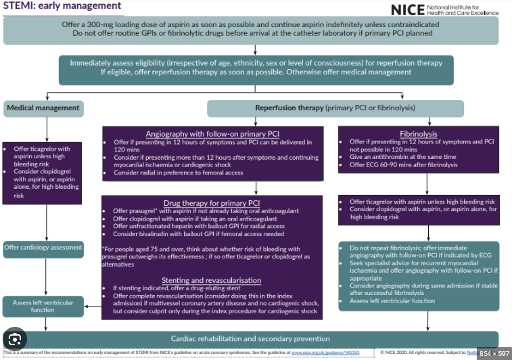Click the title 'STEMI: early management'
62,7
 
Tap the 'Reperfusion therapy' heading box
335,108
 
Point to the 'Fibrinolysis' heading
418,134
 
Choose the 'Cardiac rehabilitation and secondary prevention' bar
250,338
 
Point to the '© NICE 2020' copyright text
395,353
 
